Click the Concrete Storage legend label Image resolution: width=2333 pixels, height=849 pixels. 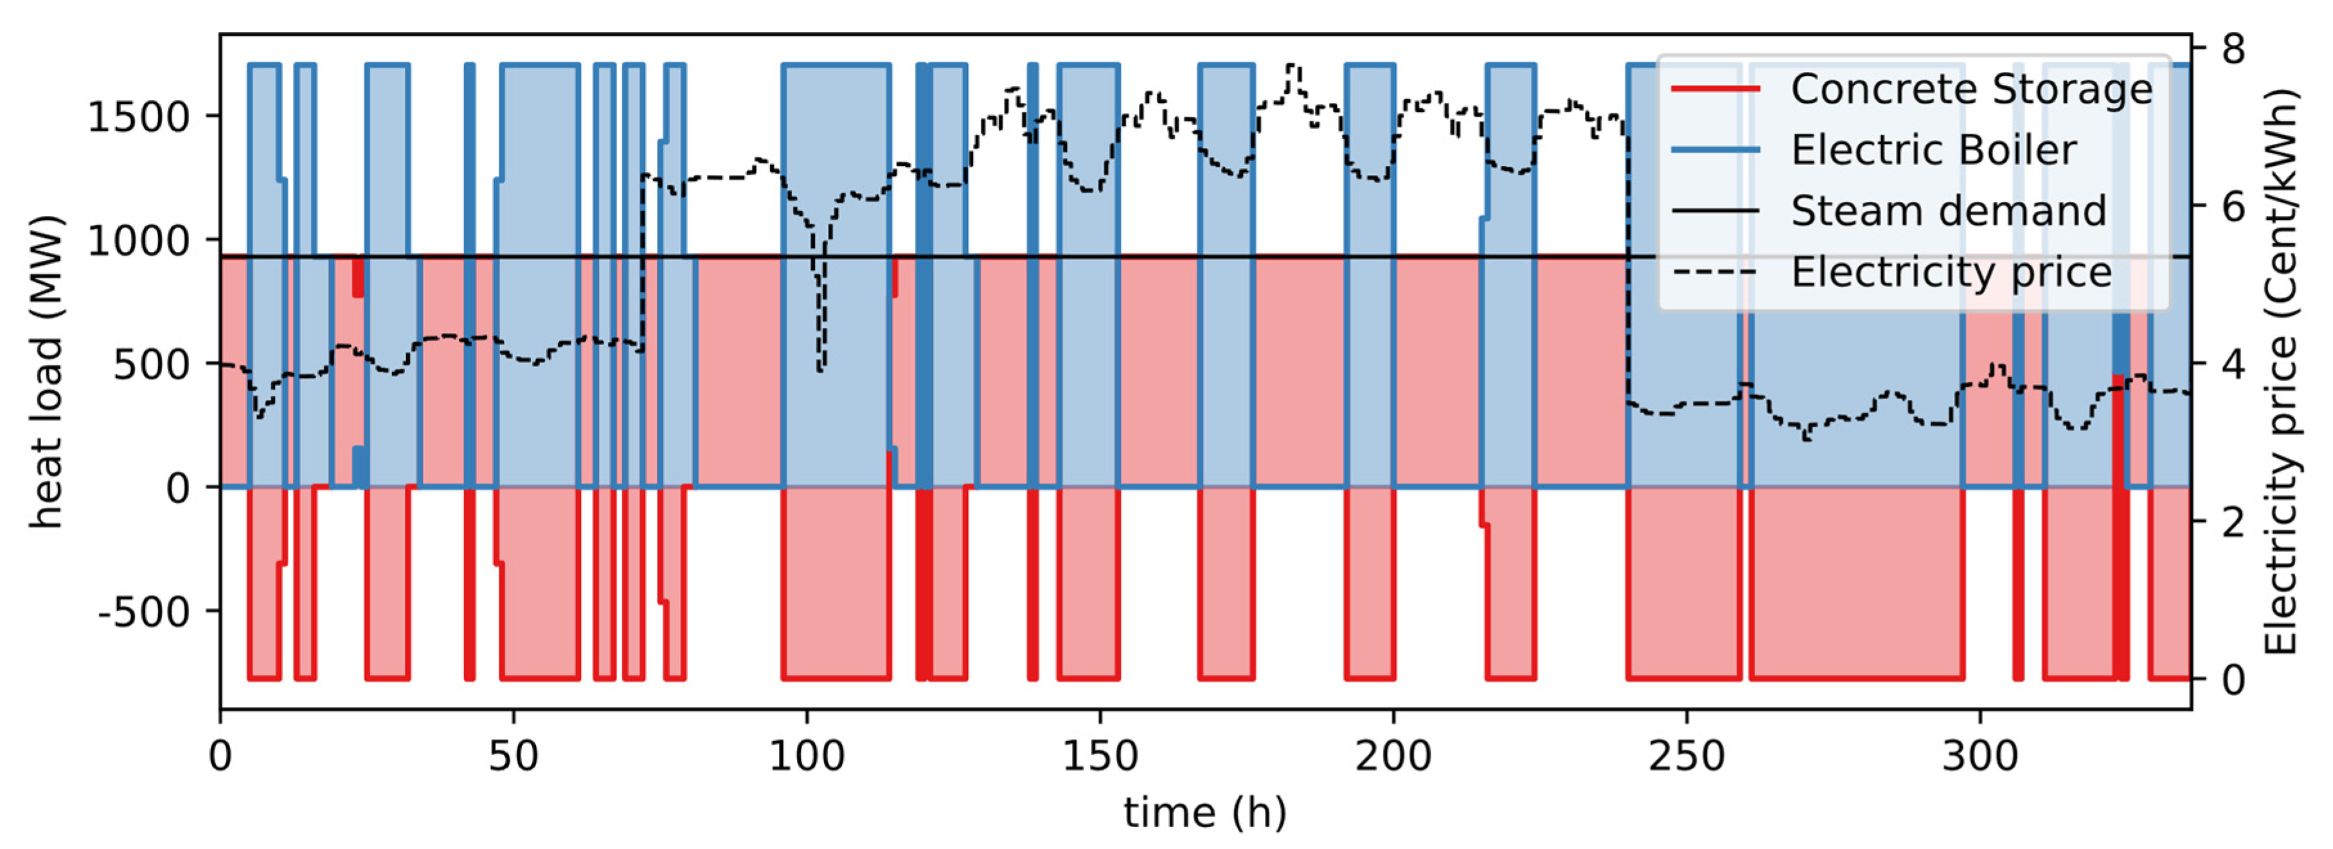pyautogui.click(x=1971, y=89)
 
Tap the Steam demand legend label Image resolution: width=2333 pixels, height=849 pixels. pyautogui.click(x=1948, y=211)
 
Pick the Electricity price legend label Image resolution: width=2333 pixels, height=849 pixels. pyautogui.click(x=1951, y=272)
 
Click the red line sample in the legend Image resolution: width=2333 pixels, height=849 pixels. pyautogui.click(x=1715, y=89)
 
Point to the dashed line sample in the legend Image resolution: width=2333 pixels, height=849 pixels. pyautogui.click(x=1715, y=272)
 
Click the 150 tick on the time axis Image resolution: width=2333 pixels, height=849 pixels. pyautogui.click(x=1100, y=756)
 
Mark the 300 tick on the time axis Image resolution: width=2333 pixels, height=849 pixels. pyautogui.click(x=1980, y=756)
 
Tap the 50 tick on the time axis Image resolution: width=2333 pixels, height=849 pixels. pyautogui.click(x=514, y=756)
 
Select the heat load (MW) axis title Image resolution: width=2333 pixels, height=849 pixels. pyautogui.click(x=47, y=371)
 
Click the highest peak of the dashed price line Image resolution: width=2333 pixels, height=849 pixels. pyautogui.click(x=1293, y=66)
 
